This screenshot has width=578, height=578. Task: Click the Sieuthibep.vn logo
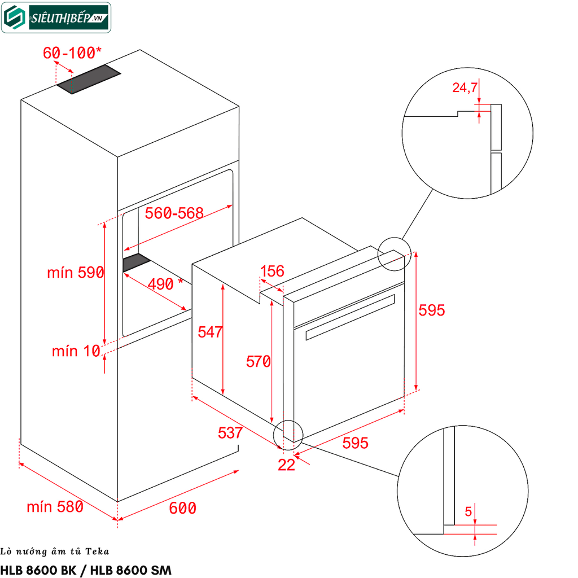click(x=56, y=17)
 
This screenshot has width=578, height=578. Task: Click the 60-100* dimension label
click(x=72, y=53)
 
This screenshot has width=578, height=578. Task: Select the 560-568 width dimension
click(x=174, y=213)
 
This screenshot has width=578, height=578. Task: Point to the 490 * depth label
click(x=165, y=283)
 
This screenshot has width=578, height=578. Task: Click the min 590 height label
click(x=75, y=273)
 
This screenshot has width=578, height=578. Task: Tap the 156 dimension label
click(x=272, y=271)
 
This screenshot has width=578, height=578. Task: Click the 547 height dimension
click(x=210, y=332)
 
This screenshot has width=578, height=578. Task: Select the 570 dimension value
click(x=259, y=361)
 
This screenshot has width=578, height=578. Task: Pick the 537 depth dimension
click(x=230, y=433)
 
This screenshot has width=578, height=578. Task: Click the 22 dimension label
click(x=287, y=465)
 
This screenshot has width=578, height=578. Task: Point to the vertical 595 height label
click(x=432, y=310)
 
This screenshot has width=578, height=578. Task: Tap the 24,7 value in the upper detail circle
click(x=465, y=87)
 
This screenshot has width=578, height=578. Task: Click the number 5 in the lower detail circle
click(x=468, y=513)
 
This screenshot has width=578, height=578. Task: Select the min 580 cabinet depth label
click(x=55, y=507)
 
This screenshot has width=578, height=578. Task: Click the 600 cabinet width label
click(x=182, y=508)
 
